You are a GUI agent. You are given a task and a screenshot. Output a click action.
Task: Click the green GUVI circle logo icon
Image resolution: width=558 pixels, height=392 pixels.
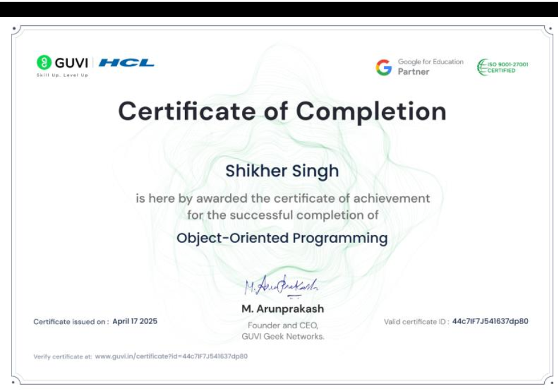(44, 63)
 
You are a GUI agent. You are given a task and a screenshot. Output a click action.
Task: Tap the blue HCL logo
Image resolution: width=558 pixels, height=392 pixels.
(126, 63)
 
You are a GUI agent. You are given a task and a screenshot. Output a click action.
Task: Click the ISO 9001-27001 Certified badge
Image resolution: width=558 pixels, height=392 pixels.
(503, 67)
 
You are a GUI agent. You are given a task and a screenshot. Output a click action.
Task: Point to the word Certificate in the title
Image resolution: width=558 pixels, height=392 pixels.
(187, 111)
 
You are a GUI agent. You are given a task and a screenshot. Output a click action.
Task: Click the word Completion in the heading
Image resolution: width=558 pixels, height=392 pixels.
(371, 112)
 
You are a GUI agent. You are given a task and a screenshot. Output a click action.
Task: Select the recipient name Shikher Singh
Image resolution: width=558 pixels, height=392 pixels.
(282, 171)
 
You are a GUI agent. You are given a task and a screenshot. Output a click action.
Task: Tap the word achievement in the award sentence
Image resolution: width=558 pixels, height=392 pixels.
(392, 198)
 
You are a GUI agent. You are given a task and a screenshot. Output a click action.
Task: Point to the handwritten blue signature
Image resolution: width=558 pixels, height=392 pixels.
(281, 286)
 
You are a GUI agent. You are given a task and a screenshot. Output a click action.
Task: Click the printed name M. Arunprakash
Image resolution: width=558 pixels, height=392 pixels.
(283, 308)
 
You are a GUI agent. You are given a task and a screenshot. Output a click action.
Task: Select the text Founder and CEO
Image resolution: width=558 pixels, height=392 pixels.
(283, 325)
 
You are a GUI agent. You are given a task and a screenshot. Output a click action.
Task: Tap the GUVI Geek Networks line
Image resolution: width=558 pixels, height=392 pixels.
(283, 337)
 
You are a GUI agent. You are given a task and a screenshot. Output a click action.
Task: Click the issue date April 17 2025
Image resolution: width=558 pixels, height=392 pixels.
(135, 322)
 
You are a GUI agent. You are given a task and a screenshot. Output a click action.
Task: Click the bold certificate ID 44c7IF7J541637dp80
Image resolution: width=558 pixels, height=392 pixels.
(490, 322)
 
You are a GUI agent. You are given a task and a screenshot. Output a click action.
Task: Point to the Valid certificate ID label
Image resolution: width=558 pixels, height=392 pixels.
(416, 322)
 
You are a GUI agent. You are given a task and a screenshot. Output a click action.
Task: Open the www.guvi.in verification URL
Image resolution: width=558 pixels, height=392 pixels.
(171, 357)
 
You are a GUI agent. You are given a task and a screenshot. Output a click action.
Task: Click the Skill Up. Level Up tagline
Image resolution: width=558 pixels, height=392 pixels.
(62, 75)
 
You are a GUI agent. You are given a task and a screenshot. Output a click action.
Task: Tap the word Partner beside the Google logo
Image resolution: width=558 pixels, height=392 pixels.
(413, 72)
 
